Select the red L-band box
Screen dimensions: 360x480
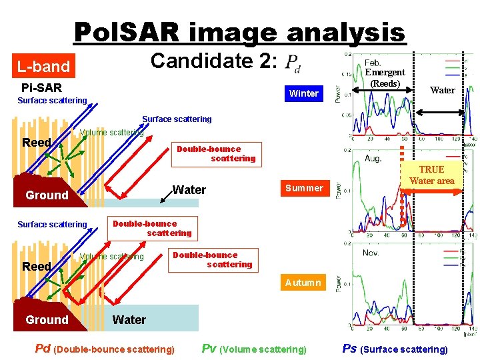pos(43,67)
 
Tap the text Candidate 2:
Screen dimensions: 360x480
pos(213,61)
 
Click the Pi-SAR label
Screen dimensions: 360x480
pos(41,87)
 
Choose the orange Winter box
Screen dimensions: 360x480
pos(303,93)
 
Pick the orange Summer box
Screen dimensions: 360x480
pos(304,188)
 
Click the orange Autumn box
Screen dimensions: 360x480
pos(303,283)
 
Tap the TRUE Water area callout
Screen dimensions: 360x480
pos(431,175)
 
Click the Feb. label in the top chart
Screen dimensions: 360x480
pos(373,62)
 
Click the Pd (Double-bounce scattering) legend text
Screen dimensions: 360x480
pos(105,349)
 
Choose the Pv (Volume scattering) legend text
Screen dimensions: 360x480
pos(254,349)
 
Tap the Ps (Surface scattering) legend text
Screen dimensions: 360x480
pos(395,349)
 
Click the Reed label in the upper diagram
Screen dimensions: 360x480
pos(36,143)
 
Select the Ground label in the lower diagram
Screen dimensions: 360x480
pos(47,320)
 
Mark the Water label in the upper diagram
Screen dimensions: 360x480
pos(189,190)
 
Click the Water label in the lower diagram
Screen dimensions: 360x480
pos(129,320)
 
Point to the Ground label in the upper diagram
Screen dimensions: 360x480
pos(47,195)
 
